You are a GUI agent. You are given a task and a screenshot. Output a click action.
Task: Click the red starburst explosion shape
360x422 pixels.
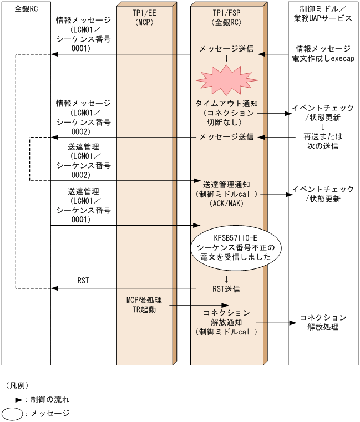pos(226,78)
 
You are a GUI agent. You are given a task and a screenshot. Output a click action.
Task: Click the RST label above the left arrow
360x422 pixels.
pos(83,281)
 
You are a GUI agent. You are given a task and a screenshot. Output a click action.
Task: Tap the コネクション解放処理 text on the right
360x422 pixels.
pos(323,322)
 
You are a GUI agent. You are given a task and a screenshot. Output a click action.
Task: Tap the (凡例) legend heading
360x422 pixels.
pos(17,384)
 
